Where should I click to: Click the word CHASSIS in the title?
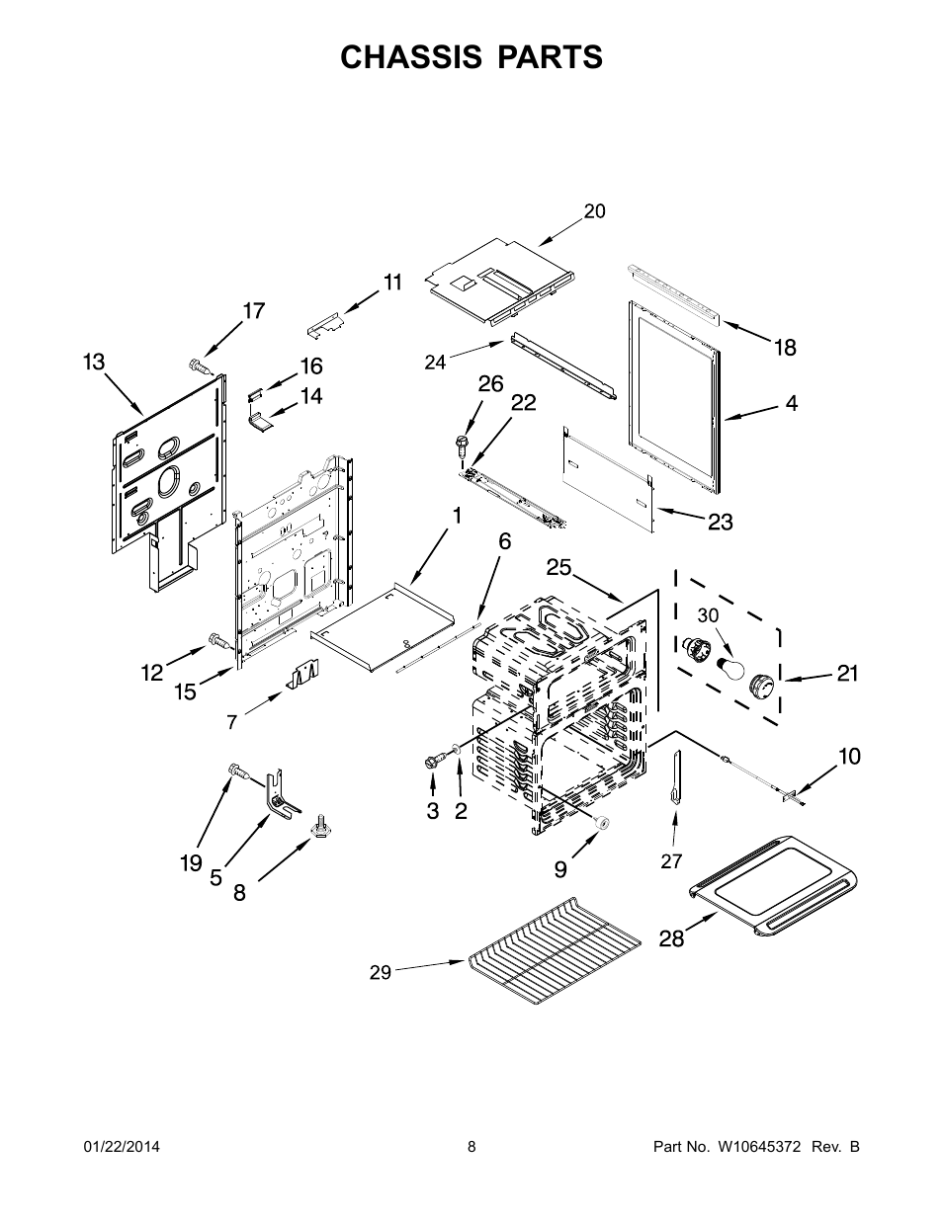(408, 57)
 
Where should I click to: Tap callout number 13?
(94, 363)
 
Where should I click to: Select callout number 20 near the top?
(594, 210)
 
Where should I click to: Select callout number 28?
(671, 937)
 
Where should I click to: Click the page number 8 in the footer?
(471, 1147)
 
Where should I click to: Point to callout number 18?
(785, 347)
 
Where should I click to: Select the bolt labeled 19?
(235, 771)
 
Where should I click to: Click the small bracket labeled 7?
(301, 676)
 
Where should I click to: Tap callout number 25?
(558, 567)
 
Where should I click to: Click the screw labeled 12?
(216, 643)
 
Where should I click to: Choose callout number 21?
(847, 674)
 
